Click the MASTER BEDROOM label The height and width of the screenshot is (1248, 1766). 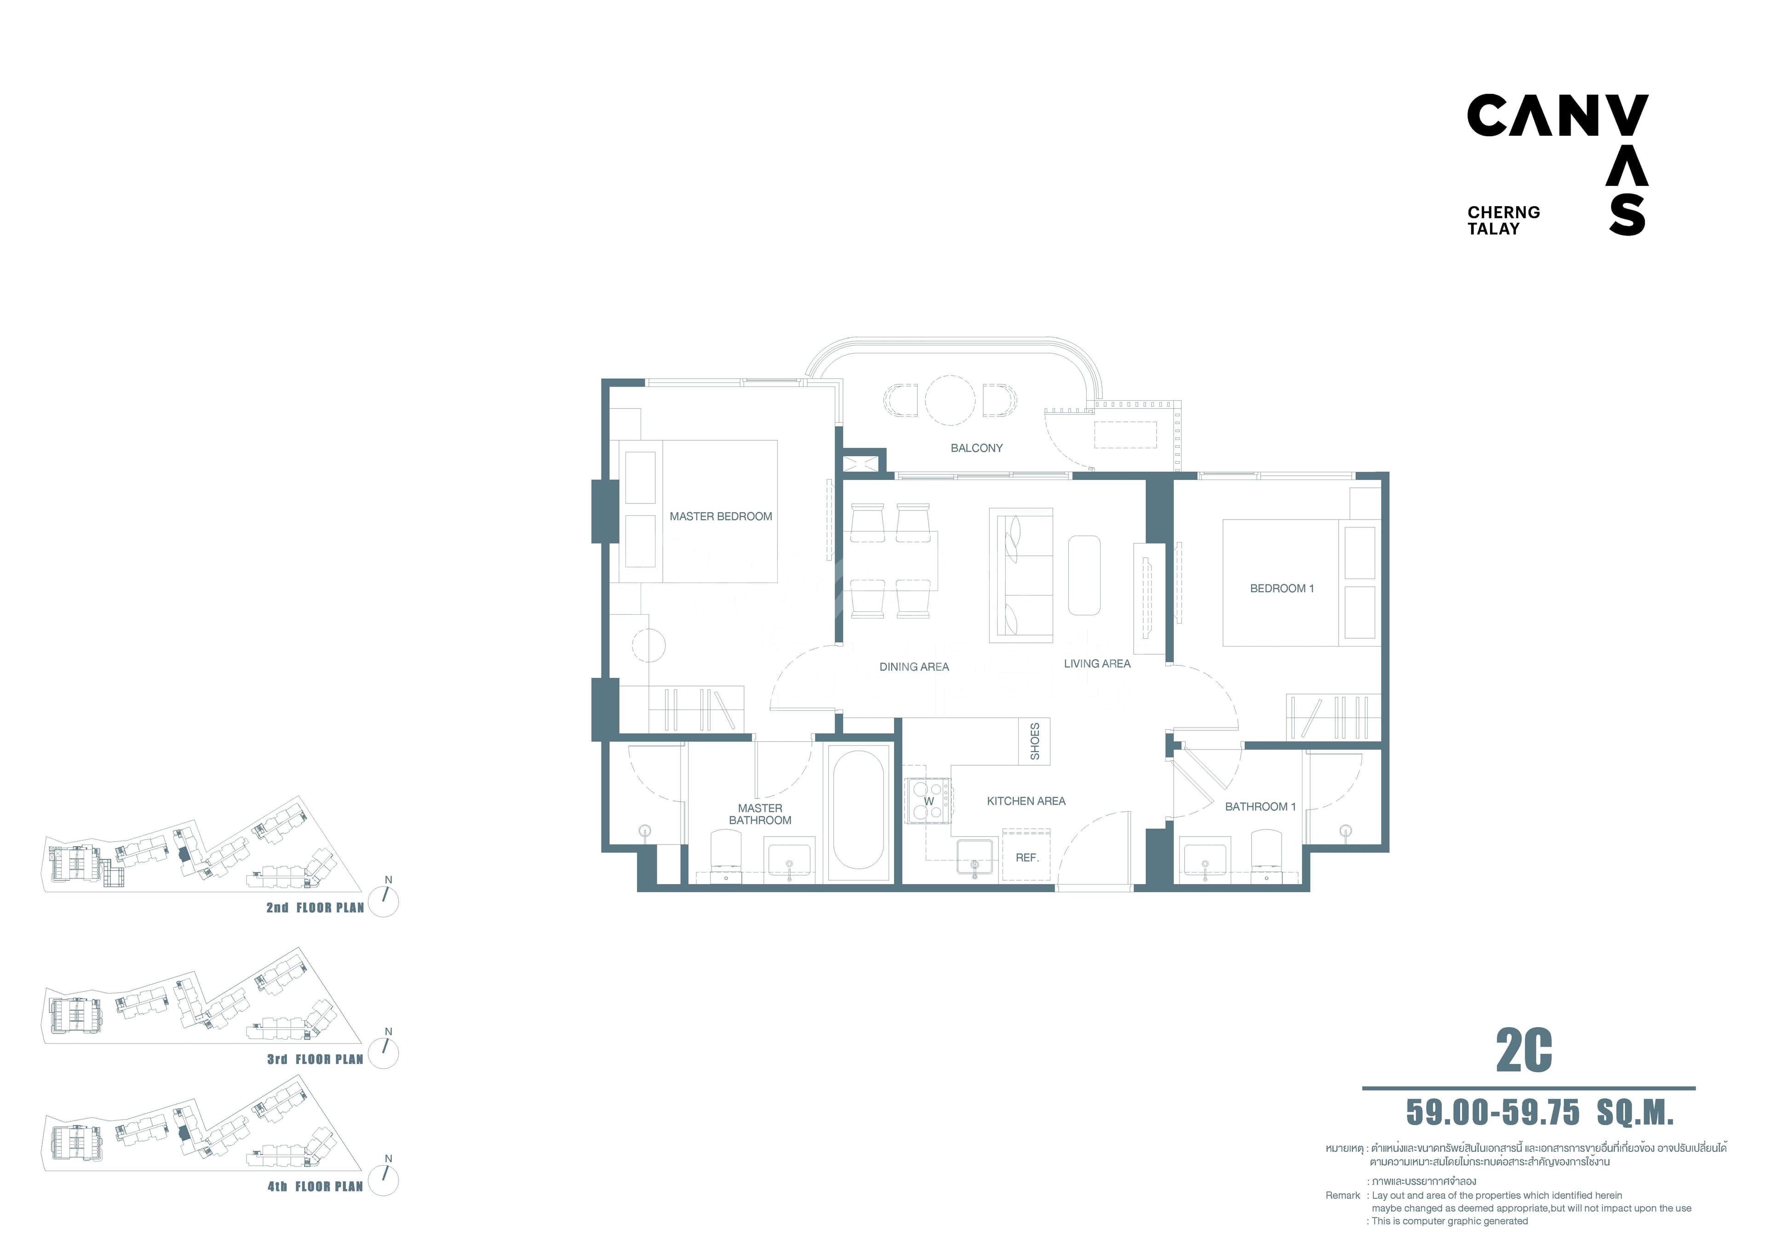coord(721,516)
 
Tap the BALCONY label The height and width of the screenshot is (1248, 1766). coord(976,448)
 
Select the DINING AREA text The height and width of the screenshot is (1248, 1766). coord(914,667)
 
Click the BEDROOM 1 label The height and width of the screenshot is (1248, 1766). coord(1281,589)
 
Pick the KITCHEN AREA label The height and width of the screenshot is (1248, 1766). coord(1026,801)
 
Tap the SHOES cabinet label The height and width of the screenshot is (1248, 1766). coord(1034,741)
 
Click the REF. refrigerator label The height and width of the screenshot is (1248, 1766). coord(1027,858)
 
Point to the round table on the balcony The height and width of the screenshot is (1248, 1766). coord(950,400)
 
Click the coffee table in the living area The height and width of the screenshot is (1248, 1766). coord(1084,576)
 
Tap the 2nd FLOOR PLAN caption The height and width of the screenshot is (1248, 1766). coord(315,908)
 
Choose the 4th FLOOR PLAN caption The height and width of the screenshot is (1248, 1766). coord(315,1186)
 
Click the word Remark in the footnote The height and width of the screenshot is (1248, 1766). coord(1343,1195)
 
